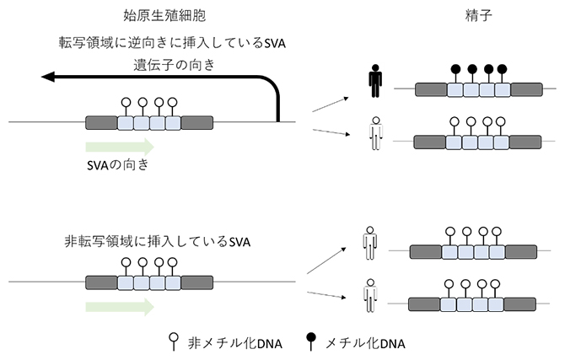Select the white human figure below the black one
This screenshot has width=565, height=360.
374,135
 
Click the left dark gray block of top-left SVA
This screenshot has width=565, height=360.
101,123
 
